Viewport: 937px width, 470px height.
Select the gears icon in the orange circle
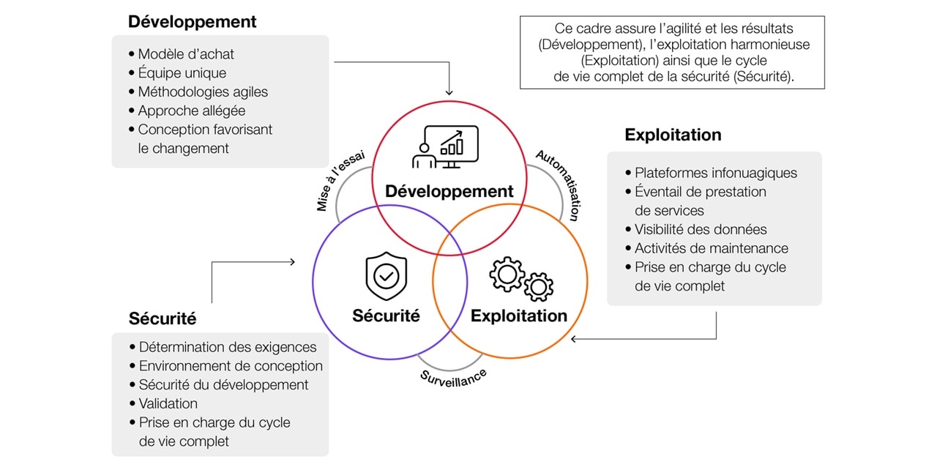(x=521, y=279)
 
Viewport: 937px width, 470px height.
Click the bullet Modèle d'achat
(x=186, y=54)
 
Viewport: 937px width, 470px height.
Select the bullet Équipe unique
(x=182, y=73)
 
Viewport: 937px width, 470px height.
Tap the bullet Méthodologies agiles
(x=203, y=92)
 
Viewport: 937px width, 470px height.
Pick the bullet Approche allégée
(x=191, y=111)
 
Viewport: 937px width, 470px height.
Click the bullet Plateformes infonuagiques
(x=715, y=174)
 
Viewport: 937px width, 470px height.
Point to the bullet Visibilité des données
(x=701, y=230)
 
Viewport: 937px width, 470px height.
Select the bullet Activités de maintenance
(x=711, y=249)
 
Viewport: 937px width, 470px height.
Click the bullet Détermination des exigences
(x=227, y=348)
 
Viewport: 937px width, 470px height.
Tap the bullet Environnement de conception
(x=230, y=366)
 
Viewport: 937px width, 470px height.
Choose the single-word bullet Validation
(x=168, y=404)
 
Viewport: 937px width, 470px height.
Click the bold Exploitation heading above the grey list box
(x=673, y=135)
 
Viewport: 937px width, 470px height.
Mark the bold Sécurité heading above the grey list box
(x=163, y=319)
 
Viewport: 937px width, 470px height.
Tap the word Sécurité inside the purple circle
(x=386, y=316)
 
